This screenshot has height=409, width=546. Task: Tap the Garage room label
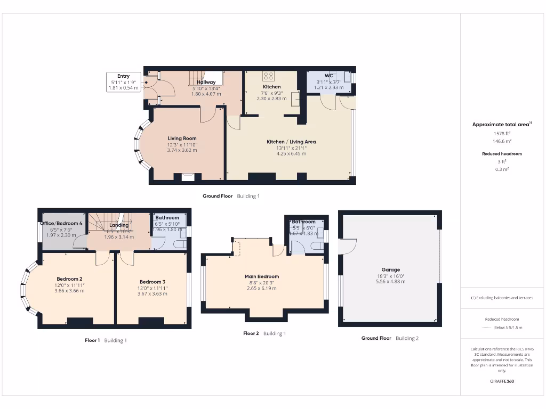pyautogui.click(x=390, y=269)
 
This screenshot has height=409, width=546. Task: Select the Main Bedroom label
pyautogui.click(x=262, y=276)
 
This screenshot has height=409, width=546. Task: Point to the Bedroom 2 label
pyautogui.click(x=69, y=279)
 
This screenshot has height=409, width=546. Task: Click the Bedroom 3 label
pyautogui.click(x=152, y=282)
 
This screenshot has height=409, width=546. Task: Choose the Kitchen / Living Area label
pyautogui.click(x=291, y=142)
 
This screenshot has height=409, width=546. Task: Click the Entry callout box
pyautogui.click(x=123, y=82)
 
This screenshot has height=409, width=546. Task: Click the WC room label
pyautogui.click(x=328, y=76)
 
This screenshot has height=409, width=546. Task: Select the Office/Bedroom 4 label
pyautogui.click(x=61, y=223)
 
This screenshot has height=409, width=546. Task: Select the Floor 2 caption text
pyautogui.click(x=251, y=333)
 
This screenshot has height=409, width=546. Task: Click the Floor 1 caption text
pyautogui.click(x=92, y=340)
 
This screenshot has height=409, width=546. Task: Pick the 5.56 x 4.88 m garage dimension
pyautogui.click(x=390, y=282)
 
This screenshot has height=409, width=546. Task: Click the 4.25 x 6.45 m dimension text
pyautogui.click(x=291, y=153)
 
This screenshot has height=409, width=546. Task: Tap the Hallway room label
pyautogui.click(x=206, y=82)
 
